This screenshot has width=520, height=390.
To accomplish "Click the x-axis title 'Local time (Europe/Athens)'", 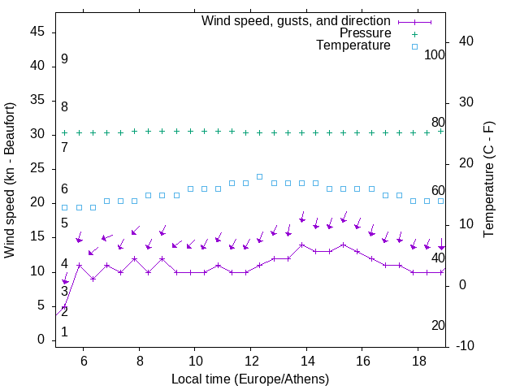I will (x=250, y=379).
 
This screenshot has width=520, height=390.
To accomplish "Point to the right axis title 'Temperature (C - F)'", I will (x=488, y=180).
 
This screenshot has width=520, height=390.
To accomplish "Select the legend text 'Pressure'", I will (x=365, y=33).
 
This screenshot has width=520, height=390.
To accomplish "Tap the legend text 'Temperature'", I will (x=353, y=46).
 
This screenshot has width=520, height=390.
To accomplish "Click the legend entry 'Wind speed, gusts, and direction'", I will (x=297, y=20).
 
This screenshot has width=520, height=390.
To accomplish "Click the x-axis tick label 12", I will (x=251, y=360).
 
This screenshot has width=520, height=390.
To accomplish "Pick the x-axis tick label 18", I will (x=418, y=360).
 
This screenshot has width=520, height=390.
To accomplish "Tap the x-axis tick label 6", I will (x=84, y=360).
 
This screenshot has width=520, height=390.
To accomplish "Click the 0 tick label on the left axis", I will (x=41, y=340).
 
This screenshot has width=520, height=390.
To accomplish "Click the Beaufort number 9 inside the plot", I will (x=64, y=59).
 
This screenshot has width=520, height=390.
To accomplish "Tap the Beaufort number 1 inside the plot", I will (x=64, y=331).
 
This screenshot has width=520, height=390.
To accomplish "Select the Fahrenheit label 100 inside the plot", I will (x=435, y=55).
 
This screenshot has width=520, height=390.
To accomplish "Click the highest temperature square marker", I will (x=260, y=176).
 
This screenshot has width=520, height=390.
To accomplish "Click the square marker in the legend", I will (x=414, y=46).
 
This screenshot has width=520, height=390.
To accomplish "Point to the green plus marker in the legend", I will (x=414, y=33).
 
